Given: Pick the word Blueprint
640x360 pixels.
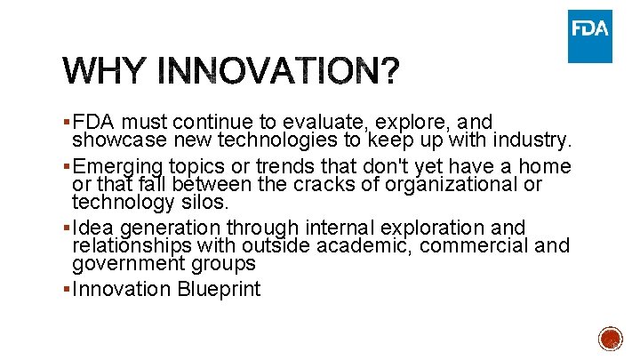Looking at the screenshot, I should pos(218,290).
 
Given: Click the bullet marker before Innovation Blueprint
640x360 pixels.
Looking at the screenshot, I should pos(68,290).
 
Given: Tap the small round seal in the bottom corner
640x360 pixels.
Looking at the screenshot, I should pos(610,340).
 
